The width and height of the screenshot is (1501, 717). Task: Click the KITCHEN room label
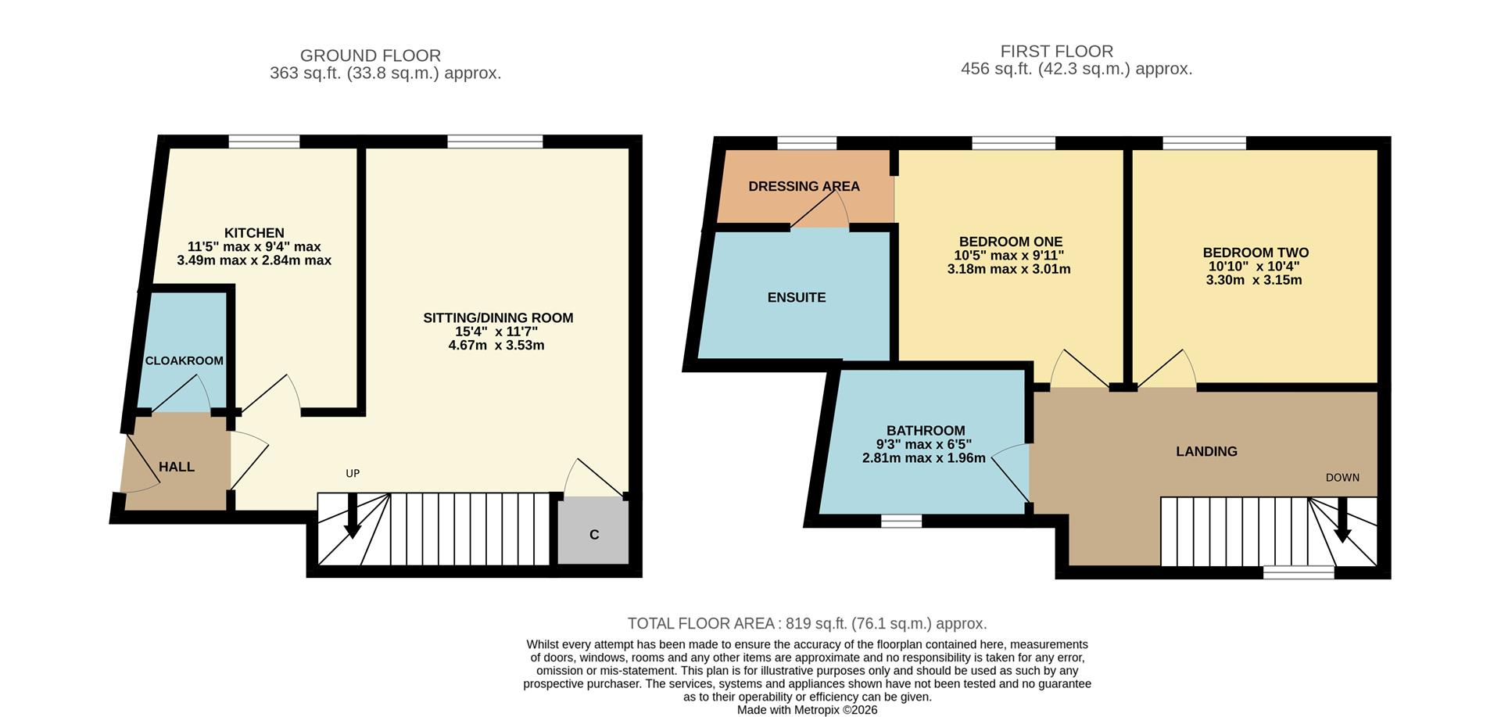tap(254, 233)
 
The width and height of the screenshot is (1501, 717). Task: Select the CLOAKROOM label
tap(184, 360)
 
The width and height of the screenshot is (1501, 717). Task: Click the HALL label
tap(177, 467)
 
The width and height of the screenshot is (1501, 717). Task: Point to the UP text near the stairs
tap(353, 473)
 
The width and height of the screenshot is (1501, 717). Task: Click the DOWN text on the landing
tap(1342, 477)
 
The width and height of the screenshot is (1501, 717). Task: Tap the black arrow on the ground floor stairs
tap(353, 518)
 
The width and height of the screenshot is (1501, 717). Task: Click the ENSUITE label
tap(796, 298)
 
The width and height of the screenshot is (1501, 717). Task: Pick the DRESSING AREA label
tap(804, 186)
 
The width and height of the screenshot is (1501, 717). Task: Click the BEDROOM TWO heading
tap(1256, 253)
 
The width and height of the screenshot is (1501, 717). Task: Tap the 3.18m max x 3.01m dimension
tap(1008, 269)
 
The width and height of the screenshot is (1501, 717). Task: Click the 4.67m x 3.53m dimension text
tap(496, 345)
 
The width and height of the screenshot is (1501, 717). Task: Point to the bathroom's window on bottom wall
tap(901, 521)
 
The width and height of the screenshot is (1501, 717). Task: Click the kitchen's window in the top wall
tap(264, 142)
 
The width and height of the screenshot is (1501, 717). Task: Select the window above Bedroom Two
tap(1204, 142)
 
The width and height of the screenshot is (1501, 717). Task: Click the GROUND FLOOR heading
tap(371, 56)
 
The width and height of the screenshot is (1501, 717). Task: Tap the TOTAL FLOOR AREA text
tap(807, 623)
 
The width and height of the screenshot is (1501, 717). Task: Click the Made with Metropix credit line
tap(807, 710)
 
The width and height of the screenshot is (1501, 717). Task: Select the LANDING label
tap(1206, 451)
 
